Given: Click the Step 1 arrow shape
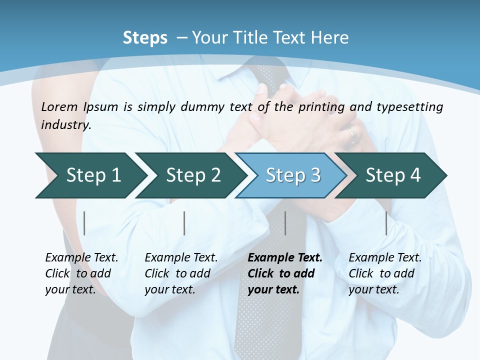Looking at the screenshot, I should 90,175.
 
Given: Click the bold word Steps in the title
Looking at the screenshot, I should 145,38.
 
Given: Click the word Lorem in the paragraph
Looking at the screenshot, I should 59,106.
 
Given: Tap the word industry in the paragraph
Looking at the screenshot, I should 65,124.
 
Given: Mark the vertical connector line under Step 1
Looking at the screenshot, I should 84,223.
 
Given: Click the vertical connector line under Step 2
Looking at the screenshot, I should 184,223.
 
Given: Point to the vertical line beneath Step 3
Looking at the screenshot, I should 285,223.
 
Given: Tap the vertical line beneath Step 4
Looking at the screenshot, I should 386,223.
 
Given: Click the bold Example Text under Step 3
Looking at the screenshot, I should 285,258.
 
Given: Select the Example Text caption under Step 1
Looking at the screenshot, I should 81,258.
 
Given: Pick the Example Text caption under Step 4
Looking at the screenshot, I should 385,258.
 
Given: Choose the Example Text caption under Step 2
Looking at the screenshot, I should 181,258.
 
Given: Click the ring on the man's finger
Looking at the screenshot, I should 353,133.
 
